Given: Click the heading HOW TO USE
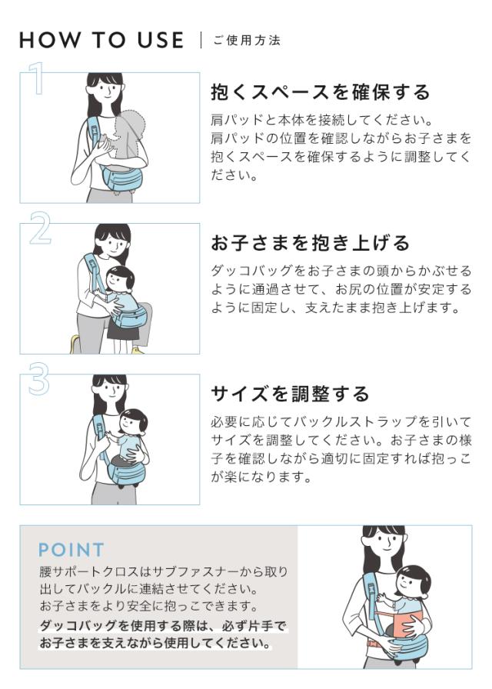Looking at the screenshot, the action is [101, 40].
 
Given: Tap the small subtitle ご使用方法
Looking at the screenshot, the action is [247, 41].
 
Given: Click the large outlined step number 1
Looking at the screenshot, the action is [37, 78].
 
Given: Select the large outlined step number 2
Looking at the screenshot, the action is [40, 228].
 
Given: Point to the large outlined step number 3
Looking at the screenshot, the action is [38, 379].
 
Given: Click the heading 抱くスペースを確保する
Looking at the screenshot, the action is [321, 92].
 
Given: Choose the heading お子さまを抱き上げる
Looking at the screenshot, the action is [310, 242].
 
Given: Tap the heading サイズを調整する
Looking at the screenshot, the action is [290, 394].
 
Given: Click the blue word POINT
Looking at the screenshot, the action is [71, 550].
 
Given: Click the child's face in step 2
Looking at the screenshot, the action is [118, 280].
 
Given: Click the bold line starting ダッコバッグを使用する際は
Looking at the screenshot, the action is [162, 626].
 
